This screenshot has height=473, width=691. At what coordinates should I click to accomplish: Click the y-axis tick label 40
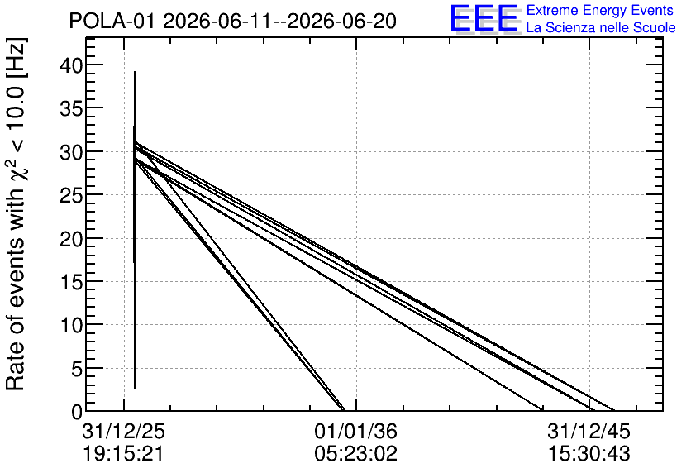pos(71,65)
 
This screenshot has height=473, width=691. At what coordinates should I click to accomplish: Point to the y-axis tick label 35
pos(71,108)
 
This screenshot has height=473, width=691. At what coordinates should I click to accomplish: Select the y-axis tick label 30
pos(71,151)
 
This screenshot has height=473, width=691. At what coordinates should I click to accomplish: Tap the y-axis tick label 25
pos(71,195)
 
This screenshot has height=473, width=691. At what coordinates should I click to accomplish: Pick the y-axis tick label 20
pos(71,238)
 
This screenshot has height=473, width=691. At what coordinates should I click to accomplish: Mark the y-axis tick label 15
pos(71,282)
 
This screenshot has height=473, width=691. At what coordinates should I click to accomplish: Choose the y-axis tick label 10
pos(71,325)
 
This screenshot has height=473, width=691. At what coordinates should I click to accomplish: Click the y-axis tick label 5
pos(77,369)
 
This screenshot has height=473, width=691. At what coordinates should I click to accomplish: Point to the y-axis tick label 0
pos(77,412)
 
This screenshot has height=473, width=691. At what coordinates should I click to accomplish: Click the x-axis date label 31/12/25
pos(123,431)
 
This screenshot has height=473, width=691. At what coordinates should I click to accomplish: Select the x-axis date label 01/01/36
pos(355,431)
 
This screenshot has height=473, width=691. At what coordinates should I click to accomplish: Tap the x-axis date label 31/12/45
pos(589,431)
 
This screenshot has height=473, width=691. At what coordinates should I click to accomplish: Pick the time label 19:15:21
pos(123,454)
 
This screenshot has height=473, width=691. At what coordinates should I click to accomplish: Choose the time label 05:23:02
pos(355,454)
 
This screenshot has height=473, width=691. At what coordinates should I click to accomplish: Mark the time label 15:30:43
pos(589,454)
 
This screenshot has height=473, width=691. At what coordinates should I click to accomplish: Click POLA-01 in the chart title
pos(112,21)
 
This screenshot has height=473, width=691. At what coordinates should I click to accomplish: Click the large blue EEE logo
pos(484,19)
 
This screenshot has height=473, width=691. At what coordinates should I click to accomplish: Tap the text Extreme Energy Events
pos(600,10)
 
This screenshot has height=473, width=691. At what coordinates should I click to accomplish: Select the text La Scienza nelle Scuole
pos(601,28)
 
